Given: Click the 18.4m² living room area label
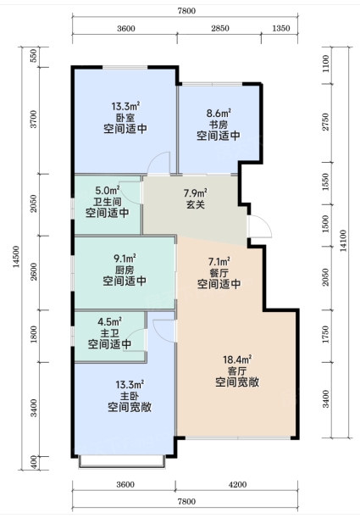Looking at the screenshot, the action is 237,359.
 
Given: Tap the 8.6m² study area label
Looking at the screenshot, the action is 219,114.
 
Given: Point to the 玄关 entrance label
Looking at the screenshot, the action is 196,204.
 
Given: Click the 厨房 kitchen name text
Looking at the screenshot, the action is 125,270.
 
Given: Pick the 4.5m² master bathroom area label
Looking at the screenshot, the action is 109,321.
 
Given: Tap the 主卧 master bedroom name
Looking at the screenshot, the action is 130,396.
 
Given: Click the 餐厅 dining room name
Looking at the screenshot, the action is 219,273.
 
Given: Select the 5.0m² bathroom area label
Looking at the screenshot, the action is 108,190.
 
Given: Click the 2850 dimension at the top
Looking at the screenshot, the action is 220,28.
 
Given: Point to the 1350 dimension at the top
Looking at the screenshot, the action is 281,28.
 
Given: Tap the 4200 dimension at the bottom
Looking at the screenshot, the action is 237,485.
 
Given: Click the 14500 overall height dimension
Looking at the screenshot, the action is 16,257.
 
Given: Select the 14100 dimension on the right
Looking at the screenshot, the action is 344,241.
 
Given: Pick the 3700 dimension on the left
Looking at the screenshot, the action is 34,120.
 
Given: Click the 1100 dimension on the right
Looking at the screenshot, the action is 325,64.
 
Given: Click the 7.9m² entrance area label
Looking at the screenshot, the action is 196,192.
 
